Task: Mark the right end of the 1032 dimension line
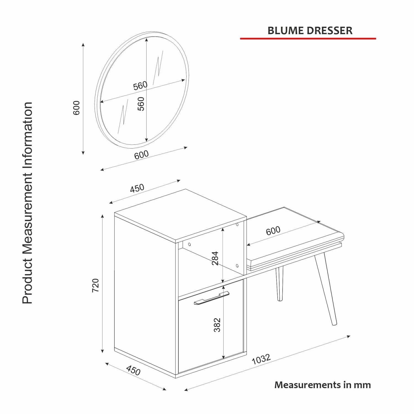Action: coord(350,336)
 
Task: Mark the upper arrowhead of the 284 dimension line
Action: coord(223,229)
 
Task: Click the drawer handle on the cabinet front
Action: coord(211,298)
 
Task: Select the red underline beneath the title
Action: coord(308,39)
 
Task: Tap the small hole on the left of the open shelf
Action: coord(190,244)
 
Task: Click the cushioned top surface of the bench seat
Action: coord(295,235)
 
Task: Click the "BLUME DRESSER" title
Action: coord(310,30)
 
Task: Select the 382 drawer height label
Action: coord(217,325)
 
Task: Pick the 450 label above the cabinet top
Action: coord(137,188)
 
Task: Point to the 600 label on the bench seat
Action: coord(273,230)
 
